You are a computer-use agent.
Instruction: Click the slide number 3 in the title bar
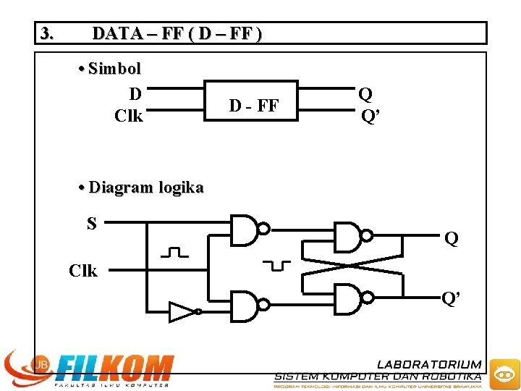(x=47, y=33)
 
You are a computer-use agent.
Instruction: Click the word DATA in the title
(x=117, y=33)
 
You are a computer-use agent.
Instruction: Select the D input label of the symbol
(x=135, y=93)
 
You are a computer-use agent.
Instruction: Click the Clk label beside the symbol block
(x=129, y=115)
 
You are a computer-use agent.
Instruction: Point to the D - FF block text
(x=254, y=106)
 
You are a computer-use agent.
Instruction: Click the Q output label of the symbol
(x=365, y=94)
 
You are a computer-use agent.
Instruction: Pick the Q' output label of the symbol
(x=369, y=116)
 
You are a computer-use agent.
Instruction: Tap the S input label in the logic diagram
(x=92, y=224)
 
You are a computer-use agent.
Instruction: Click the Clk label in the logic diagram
(x=83, y=271)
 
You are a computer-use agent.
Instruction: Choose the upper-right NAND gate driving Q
(x=349, y=236)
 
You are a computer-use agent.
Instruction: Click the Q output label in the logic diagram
(x=451, y=238)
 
